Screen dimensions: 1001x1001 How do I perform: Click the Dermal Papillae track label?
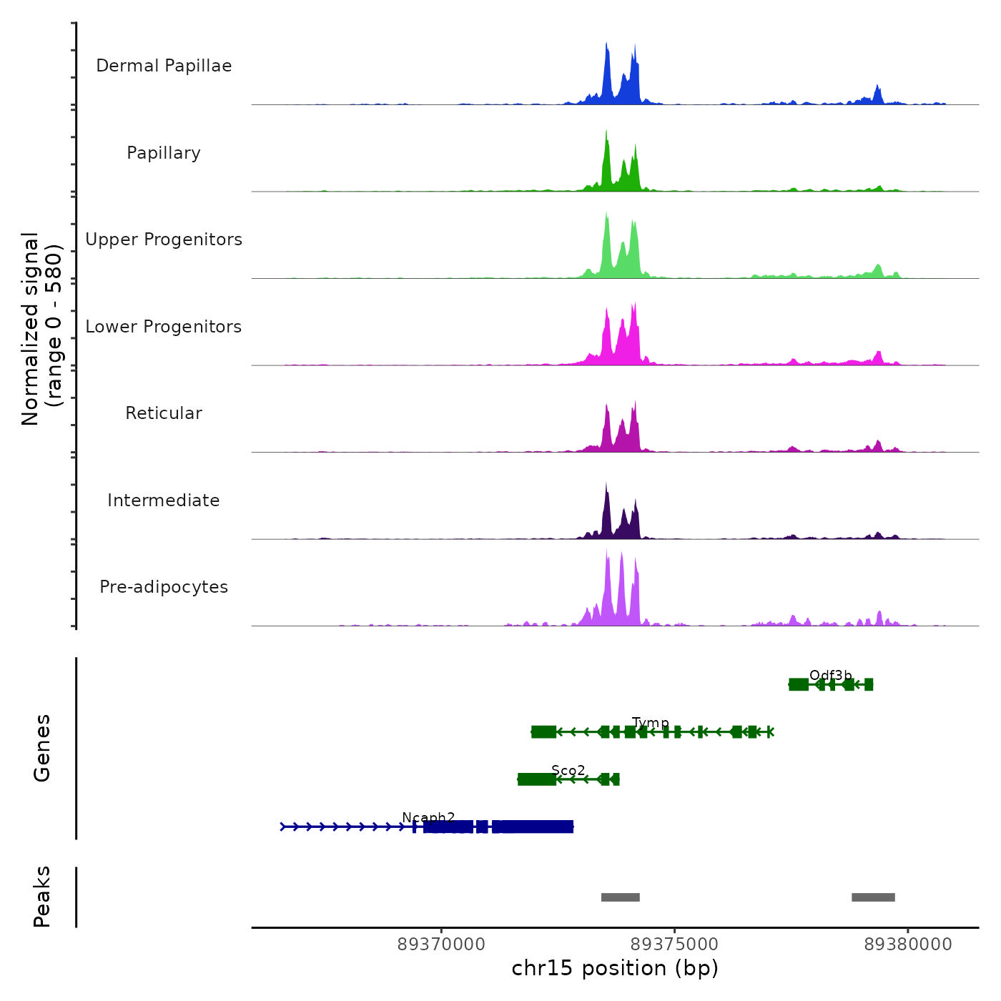164,66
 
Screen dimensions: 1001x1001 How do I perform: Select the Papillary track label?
164,153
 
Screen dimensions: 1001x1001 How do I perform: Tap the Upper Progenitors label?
164,240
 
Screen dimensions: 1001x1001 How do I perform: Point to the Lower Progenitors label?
164,327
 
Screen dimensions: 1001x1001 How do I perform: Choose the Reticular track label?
164,413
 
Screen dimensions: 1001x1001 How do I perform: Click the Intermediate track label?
164,500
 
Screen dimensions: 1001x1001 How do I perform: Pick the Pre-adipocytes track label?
164,587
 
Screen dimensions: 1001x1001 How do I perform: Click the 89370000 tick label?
441,945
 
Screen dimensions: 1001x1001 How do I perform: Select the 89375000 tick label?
674,945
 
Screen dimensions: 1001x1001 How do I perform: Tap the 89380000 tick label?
908,945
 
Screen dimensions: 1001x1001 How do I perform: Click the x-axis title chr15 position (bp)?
615,968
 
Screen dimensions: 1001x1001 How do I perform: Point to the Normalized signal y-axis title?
41,328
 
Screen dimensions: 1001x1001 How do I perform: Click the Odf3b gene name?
831,676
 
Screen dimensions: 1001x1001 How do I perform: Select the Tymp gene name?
651,723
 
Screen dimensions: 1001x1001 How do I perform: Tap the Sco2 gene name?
568,770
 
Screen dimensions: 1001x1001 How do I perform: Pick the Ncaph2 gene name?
428,817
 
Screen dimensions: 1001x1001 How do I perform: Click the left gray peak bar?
620,897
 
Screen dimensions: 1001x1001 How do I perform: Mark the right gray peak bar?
873,897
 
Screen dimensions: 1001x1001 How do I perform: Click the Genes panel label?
42,748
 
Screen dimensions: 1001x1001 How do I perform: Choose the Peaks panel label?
42,897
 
